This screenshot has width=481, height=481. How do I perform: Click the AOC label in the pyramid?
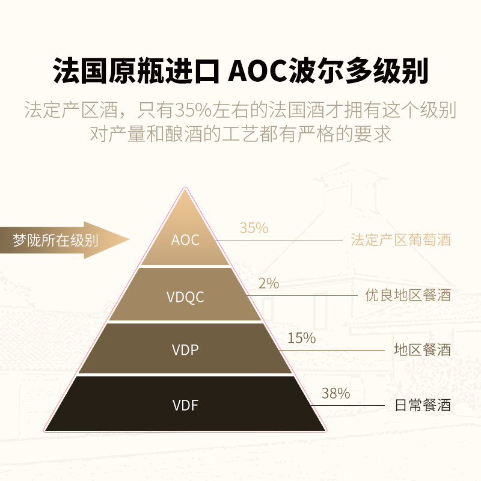(185, 240)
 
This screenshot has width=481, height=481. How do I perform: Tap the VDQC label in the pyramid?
(185, 296)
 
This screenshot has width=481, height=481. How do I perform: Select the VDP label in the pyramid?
(185, 350)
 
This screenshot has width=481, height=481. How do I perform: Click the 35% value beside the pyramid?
(254, 228)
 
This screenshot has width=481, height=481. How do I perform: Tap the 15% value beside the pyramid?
(301, 338)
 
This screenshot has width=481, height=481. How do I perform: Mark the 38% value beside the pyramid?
(335, 394)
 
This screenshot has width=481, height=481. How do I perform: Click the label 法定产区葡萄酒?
(400, 240)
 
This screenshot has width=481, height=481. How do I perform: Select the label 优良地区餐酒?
(408, 295)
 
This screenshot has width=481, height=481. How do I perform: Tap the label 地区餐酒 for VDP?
(422, 350)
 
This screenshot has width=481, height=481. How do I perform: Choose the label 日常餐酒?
(422, 405)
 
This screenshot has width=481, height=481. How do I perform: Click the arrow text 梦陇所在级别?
(55, 240)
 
